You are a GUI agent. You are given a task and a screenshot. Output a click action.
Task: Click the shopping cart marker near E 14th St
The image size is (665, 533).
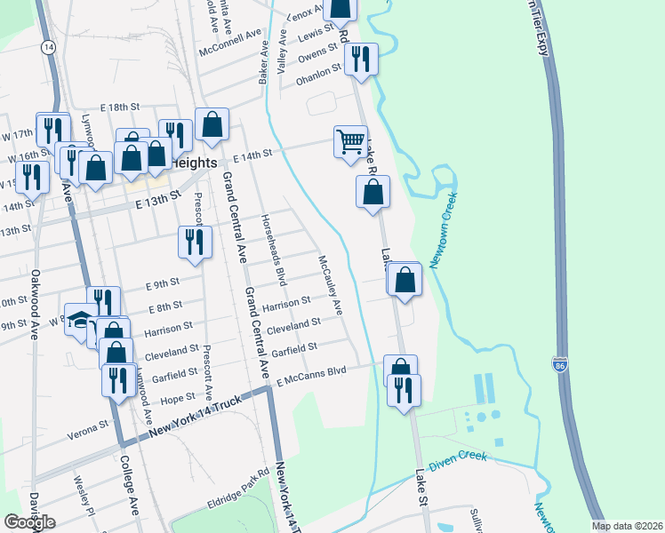coord(350,141)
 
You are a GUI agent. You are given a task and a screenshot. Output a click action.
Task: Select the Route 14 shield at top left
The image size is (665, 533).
coord(49,46)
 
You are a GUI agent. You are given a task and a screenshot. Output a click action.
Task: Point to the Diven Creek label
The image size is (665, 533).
coord(458,461)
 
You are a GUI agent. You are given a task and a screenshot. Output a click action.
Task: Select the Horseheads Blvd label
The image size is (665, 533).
coord(273,249)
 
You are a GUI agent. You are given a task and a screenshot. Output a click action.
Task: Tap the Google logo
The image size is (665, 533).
coord(29,522)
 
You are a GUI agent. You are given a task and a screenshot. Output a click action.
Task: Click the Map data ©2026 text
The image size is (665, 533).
coord(628,526)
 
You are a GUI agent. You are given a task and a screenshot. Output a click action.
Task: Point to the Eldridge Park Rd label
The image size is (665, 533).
coord(238,487)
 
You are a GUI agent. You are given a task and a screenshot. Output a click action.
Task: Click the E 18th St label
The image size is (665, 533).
coord(122,107)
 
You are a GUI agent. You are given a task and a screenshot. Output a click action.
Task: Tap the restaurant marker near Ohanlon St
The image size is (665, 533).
coord(361,60)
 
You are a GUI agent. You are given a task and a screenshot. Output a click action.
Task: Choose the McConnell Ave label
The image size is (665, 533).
coord(234,42)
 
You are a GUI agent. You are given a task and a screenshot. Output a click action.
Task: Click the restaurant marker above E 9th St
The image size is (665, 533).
coord(195,242)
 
